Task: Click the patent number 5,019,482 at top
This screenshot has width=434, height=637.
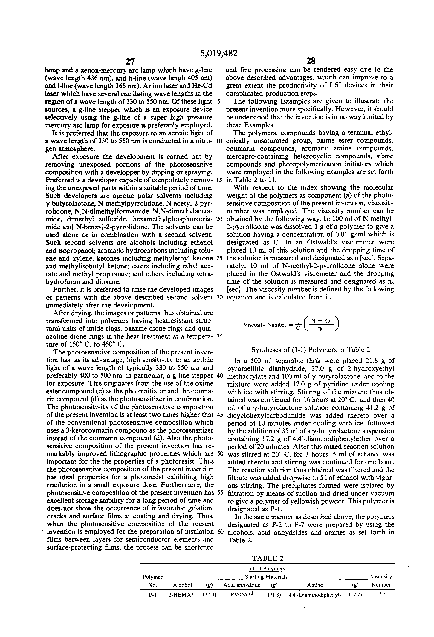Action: [x=219, y=53]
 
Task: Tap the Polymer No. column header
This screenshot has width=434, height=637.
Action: [x=152, y=581]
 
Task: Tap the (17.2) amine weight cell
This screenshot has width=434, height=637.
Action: [x=355, y=595]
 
